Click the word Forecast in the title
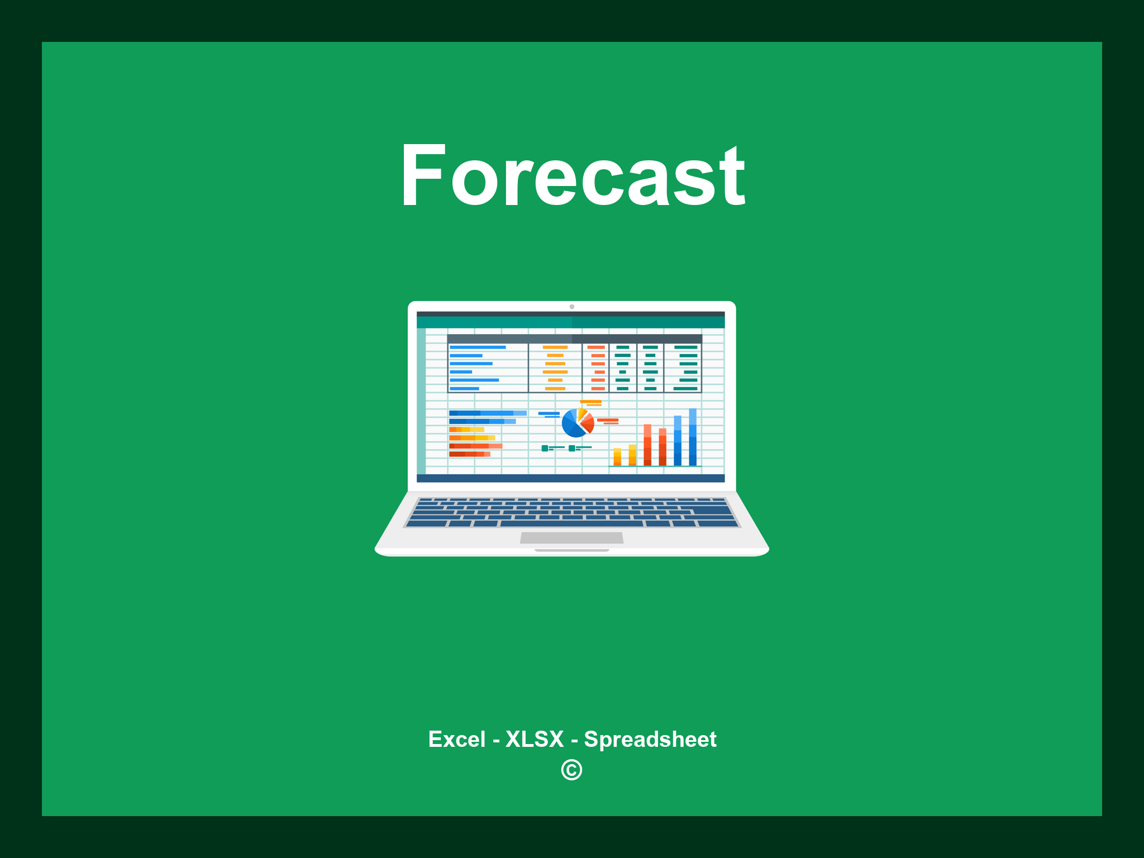(572, 176)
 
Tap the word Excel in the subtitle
(456, 739)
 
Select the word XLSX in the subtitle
(535, 739)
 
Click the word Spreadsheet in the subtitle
(650, 739)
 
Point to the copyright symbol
(571, 770)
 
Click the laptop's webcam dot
(571, 307)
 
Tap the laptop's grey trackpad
(571, 538)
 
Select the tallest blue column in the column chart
(693, 437)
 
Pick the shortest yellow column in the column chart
(617, 457)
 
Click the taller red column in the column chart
(647, 445)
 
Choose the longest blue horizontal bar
(487, 413)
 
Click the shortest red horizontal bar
(469, 454)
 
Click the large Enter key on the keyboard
(713, 510)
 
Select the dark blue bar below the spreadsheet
(570, 478)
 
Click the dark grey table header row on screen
(574, 339)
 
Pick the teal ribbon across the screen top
(570, 322)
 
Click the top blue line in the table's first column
(478, 347)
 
